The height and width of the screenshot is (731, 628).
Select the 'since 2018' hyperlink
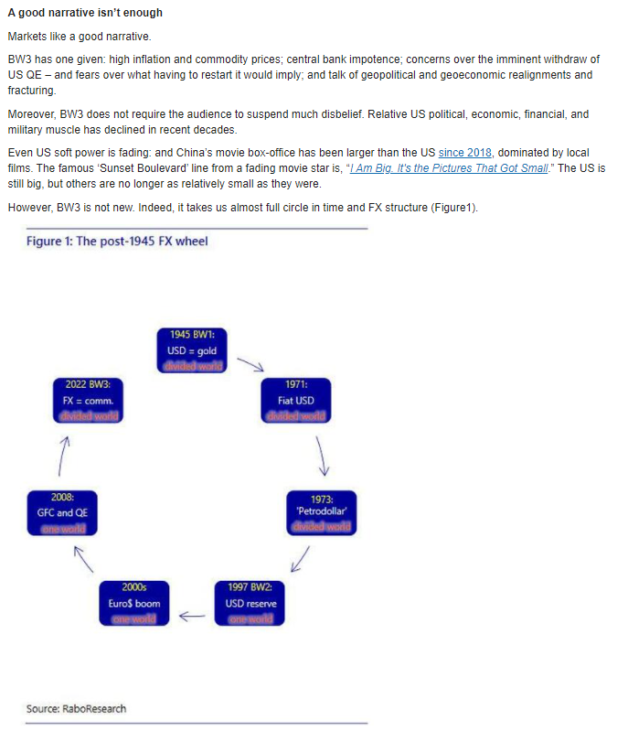(465, 152)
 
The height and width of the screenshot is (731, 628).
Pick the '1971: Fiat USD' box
(296, 400)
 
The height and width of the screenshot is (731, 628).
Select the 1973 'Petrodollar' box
(321, 512)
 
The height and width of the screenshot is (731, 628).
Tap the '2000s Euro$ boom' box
(134, 603)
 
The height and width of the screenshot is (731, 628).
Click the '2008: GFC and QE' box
(62, 512)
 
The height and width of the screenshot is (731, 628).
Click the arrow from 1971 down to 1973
(322, 455)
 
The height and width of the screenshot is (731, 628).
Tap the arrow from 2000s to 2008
(84, 557)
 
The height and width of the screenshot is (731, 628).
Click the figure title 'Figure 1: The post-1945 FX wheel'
(117, 242)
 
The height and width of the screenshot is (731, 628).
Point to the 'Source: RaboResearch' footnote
(76, 708)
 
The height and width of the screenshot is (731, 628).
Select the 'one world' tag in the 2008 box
(62, 528)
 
